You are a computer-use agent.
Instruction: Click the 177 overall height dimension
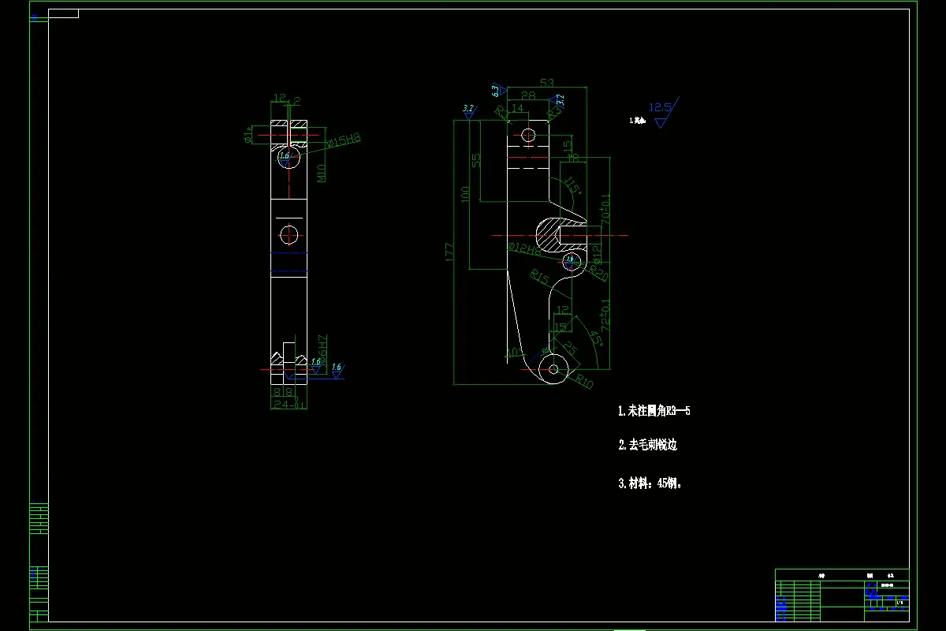click(x=450, y=252)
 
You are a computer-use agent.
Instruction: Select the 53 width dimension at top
click(x=547, y=82)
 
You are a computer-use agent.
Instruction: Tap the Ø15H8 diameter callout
click(x=344, y=140)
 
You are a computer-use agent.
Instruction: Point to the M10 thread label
click(x=322, y=173)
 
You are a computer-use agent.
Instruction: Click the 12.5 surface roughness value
click(x=659, y=107)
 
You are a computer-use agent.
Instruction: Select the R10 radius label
click(x=583, y=383)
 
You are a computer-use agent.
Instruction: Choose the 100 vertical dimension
click(x=465, y=193)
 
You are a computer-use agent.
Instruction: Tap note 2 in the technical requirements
click(x=647, y=445)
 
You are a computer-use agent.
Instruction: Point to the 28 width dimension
click(x=528, y=95)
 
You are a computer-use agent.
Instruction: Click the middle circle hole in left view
click(x=289, y=234)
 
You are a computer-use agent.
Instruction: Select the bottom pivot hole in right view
click(x=553, y=368)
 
